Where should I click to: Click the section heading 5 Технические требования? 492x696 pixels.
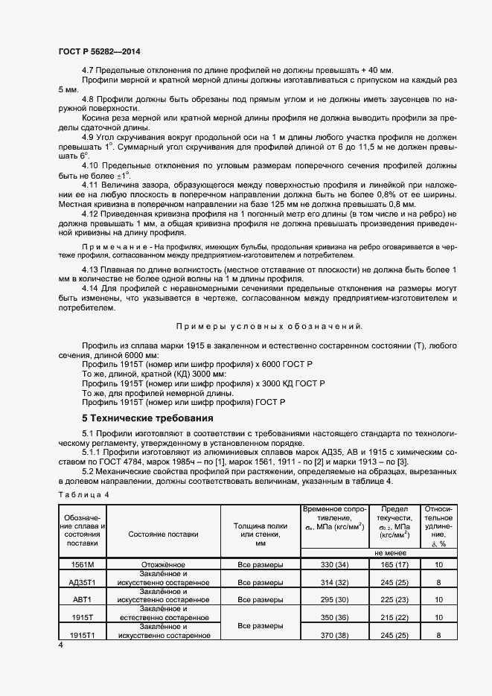tap(147, 418)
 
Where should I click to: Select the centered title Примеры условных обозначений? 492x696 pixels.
tap(269, 326)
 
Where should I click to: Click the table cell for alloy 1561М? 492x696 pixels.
tap(80, 565)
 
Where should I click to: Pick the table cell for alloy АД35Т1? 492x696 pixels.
tap(80, 582)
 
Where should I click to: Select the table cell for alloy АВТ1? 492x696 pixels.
tap(80, 599)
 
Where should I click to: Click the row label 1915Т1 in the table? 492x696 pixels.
tap(80, 635)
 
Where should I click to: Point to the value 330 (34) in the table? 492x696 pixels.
tap(332, 565)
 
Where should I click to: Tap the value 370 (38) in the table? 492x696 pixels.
tap(332, 635)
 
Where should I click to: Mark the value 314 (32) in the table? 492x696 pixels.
tap(332, 583)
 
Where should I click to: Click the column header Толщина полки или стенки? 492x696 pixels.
tap(260, 534)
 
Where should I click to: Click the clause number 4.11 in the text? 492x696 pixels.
tap(91, 184)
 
